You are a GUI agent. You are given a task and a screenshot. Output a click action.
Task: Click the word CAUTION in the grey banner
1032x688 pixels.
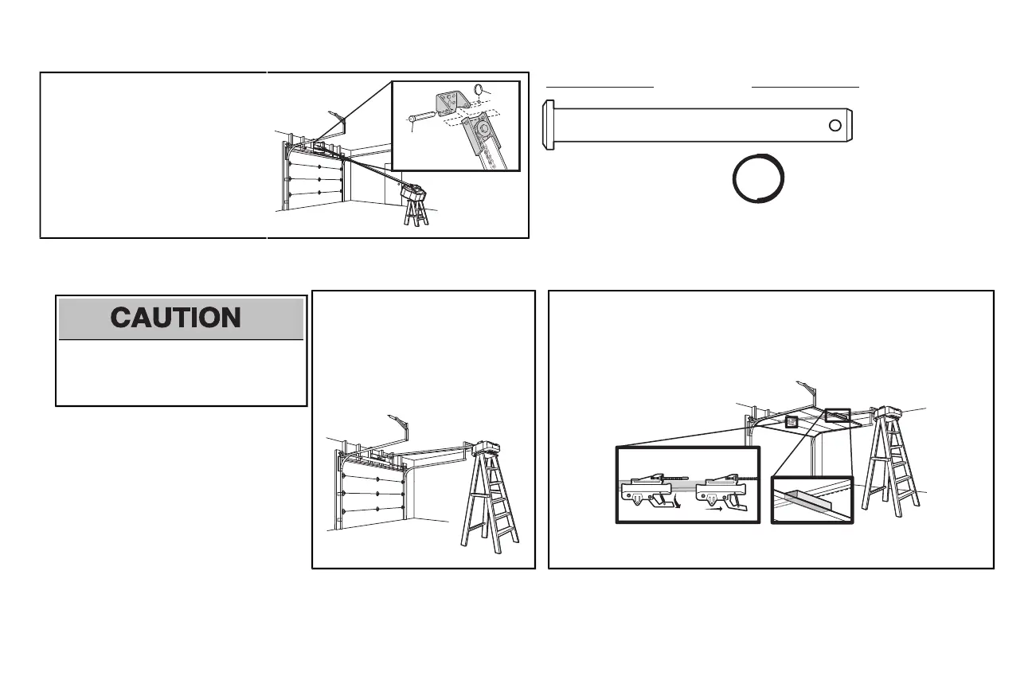[x=176, y=318]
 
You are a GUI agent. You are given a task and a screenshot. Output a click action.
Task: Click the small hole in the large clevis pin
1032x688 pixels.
[x=834, y=124]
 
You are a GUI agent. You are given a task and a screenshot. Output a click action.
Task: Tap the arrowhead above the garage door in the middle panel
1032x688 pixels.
[x=389, y=416]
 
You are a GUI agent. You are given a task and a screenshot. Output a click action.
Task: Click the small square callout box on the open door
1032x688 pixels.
[x=792, y=422]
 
